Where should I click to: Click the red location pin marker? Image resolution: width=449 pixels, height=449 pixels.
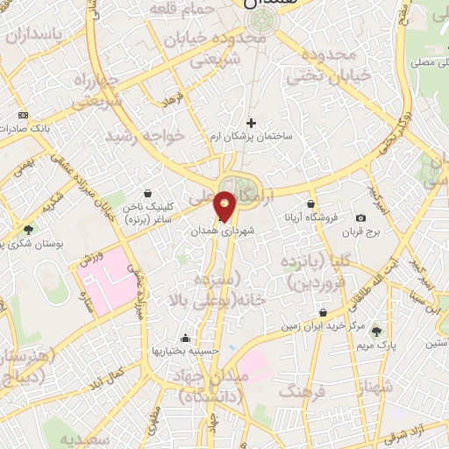point(225,206)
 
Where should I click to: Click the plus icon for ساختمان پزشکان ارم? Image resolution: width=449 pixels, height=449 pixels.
point(252,123)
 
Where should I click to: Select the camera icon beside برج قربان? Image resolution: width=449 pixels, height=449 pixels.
point(360,217)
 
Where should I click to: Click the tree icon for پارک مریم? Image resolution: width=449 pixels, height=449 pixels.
point(376,331)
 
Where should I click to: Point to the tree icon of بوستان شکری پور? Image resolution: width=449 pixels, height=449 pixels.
point(28,229)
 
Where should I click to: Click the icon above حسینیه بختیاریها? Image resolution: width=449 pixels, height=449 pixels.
point(185,338)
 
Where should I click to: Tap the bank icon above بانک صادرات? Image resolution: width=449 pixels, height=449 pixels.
point(22,115)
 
